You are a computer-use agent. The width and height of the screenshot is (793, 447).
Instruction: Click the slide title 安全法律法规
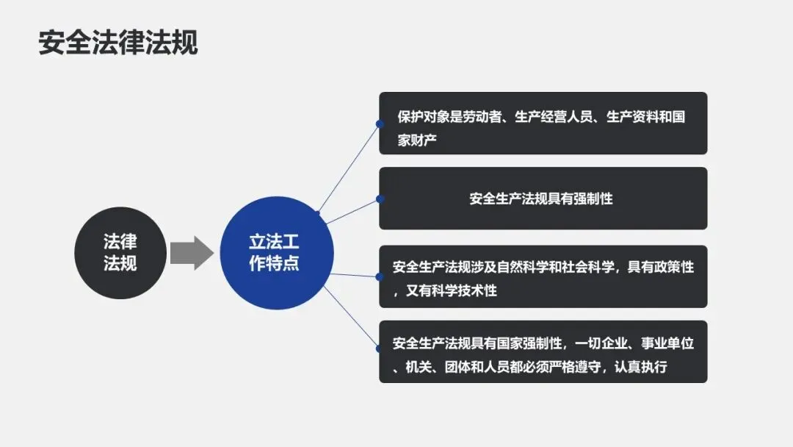118,43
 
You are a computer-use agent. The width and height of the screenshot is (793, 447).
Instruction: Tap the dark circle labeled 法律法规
120,252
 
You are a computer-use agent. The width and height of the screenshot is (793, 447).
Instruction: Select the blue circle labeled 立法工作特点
277,252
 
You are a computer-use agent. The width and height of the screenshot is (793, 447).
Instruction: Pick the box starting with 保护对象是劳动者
543,123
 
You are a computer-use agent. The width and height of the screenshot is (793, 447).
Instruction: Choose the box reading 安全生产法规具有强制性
541,199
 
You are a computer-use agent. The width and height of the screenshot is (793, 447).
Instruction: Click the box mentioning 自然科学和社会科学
543,276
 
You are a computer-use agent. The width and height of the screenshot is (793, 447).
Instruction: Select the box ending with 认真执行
543,351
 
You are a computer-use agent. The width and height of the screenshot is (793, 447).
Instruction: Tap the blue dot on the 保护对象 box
380,124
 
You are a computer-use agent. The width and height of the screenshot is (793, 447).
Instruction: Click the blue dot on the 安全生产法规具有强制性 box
380,199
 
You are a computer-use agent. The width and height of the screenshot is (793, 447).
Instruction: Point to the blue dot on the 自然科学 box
380,276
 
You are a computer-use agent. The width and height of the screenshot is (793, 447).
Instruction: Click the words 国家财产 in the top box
417,140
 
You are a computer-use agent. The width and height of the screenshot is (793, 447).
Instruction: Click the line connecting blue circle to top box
348,168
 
